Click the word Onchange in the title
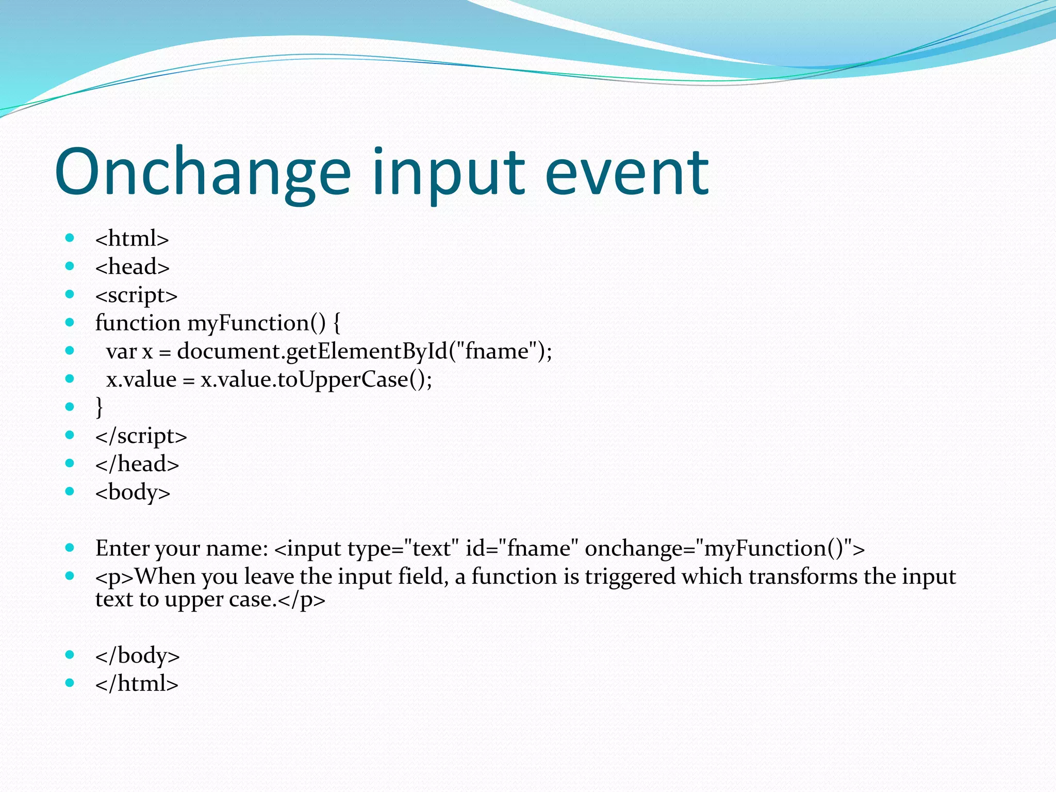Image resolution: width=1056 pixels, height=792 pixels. click(x=203, y=173)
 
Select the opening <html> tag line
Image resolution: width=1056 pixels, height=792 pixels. click(x=132, y=239)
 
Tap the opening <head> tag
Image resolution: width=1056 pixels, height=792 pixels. click(x=133, y=267)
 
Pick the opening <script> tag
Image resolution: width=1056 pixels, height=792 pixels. click(x=136, y=295)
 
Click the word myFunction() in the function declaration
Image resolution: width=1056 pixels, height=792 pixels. click(x=256, y=323)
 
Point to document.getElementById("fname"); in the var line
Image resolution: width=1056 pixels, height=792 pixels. click(x=364, y=352)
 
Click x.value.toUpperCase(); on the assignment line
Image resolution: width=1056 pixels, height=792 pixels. click(x=316, y=380)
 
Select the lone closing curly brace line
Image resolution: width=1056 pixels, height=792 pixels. click(x=100, y=407)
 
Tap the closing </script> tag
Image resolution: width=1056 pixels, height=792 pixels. click(x=141, y=436)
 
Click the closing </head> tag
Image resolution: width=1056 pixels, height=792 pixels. click(x=137, y=464)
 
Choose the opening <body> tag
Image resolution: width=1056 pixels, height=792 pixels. click(x=133, y=492)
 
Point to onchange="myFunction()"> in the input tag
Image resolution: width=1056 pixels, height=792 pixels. click(x=724, y=549)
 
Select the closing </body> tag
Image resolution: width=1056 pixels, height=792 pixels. click(x=137, y=656)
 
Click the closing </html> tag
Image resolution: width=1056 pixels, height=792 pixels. click(x=137, y=684)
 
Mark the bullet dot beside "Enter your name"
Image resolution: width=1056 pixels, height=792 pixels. click(x=70, y=548)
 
